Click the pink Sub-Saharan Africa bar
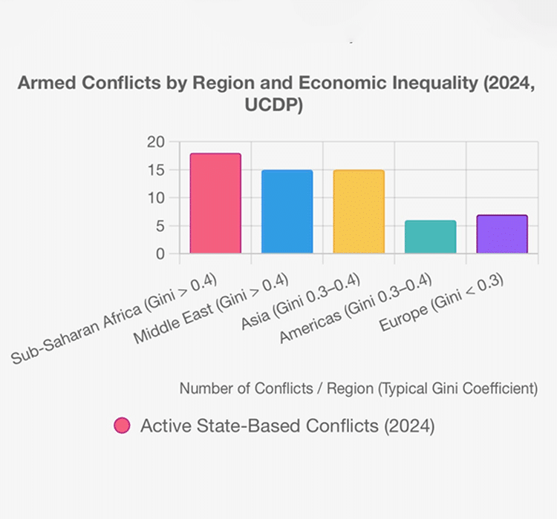(x=215, y=203)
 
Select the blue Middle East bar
(x=287, y=211)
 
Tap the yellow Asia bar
(x=359, y=211)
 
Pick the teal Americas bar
(x=430, y=237)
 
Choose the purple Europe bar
(x=502, y=234)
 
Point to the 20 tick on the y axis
(x=155, y=142)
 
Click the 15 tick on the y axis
(x=155, y=170)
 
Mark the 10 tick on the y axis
(x=155, y=198)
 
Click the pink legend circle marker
(x=122, y=426)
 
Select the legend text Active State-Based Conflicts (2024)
(x=287, y=426)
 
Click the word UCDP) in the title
(x=274, y=106)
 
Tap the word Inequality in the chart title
(x=420, y=83)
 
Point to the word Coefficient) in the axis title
(x=501, y=388)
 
